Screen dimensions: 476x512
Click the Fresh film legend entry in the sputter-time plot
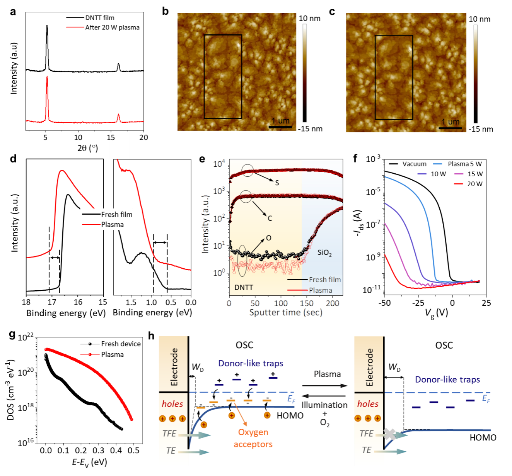pos(324,280)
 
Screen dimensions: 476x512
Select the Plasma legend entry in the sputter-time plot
pos(320,290)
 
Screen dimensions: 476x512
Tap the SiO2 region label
pos(324,253)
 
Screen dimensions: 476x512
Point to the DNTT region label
pos(244,288)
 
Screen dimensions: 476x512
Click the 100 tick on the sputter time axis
pos(281,303)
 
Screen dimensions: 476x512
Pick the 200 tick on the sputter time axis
pos(333,303)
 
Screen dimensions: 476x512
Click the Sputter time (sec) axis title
pos(286,312)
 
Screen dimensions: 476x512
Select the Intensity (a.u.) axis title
pos(205,224)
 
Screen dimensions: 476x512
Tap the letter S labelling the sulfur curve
pos(277,183)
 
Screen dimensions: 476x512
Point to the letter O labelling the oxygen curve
pos(269,238)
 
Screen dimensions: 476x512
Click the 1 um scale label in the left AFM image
pos(281,121)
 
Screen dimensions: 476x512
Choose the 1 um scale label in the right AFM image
pos(451,122)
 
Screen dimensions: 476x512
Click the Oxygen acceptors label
pos(253,438)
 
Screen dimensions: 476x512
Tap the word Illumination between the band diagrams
pos(324,405)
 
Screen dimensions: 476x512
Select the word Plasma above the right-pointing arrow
pos(328,374)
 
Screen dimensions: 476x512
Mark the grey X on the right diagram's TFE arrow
pos(390,434)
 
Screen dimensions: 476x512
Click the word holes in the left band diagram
pos(172,404)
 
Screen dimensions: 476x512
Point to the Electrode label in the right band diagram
pos(369,367)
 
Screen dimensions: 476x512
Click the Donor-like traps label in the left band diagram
pos(251,363)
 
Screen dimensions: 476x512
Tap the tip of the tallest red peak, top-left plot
pos(47,76)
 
